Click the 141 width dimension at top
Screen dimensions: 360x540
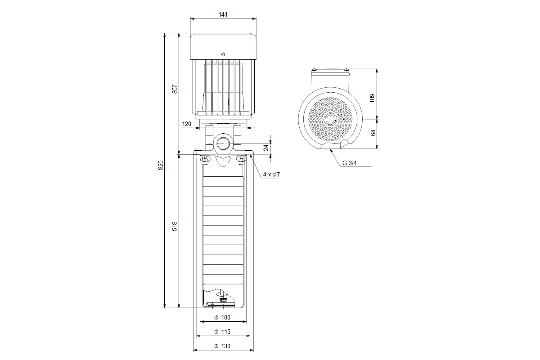223,14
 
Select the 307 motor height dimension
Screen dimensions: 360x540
175,89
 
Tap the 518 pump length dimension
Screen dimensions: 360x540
175,226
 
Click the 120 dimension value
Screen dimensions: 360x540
186,124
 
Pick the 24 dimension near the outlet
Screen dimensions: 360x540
266,147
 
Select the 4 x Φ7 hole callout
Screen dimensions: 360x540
272,174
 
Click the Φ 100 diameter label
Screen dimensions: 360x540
222,318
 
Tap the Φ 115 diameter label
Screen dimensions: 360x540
222,332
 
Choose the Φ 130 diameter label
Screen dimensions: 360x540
222,346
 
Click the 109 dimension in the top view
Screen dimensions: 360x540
372,98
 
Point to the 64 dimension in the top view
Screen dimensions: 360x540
372,133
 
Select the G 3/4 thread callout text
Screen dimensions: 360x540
349,163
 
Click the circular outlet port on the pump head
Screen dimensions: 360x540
222,144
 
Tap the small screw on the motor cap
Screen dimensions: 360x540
222,54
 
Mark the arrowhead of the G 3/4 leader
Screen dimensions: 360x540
330,150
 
